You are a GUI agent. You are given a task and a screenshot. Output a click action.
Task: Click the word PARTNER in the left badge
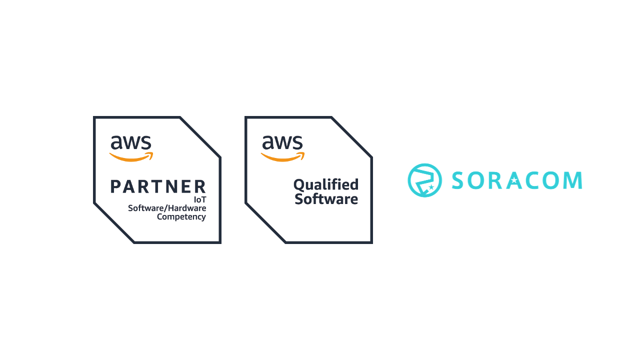coord(158,187)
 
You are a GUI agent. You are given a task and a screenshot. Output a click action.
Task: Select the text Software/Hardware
coord(167,208)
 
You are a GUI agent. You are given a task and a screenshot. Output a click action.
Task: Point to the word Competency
coord(181,217)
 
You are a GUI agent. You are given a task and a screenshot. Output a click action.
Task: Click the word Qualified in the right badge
coord(326,185)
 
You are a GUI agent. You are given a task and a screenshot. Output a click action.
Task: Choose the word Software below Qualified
coord(326,199)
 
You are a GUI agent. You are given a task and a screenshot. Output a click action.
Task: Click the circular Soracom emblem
coord(424,180)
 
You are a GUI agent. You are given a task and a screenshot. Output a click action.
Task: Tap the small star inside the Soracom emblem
coord(431,187)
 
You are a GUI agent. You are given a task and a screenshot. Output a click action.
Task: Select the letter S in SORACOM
coord(458,180)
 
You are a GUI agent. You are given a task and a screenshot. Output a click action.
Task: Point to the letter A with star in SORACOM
coord(515,180)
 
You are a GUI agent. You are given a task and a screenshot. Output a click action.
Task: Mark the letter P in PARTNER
coord(116,187)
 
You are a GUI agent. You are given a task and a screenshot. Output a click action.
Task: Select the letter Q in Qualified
coord(298,185)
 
